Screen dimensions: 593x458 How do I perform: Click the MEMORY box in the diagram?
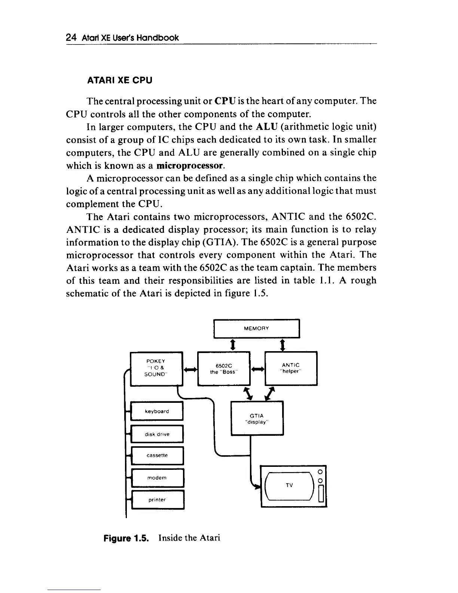(x=256, y=329)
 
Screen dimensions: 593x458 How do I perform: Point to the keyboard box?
(x=157, y=411)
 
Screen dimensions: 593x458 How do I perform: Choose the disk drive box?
(x=157, y=434)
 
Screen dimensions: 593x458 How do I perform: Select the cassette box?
(x=157, y=456)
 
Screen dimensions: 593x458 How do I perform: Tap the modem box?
(x=157, y=478)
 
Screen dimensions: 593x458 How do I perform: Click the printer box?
(x=157, y=500)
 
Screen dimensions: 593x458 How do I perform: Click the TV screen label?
(x=289, y=486)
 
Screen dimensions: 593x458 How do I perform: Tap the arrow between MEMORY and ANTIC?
(x=283, y=344)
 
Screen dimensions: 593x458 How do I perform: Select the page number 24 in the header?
(x=71, y=37)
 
